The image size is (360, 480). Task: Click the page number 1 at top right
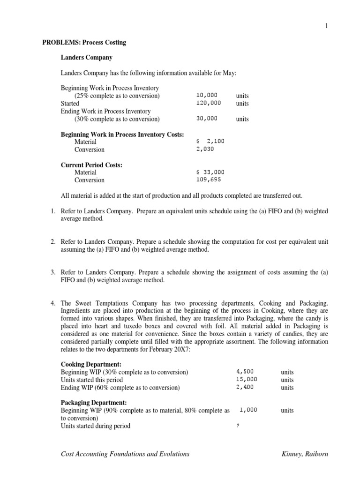pos(327,26)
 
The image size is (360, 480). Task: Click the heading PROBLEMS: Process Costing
pos(84,43)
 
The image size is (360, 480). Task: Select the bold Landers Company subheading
pos(87,58)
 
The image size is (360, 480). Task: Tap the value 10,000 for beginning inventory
pos(207,96)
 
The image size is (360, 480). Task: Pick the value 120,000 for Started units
pos(209,103)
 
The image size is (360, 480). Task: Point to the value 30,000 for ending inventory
pos(207,119)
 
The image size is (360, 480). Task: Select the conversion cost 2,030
pos(205,150)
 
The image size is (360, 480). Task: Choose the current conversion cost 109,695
pos(209,180)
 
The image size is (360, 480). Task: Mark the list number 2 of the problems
pos(53,242)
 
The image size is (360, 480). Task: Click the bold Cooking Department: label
pos(91,364)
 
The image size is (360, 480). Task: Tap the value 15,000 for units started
pos(247,380)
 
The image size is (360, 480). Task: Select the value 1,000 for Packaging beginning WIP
pos(248,410)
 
